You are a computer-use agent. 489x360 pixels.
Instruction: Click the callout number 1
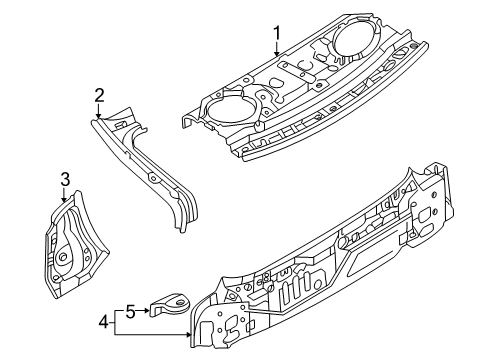[x=277, y=33]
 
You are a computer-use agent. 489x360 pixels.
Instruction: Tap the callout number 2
[x=99, y=95]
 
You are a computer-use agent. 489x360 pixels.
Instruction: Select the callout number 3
[x=65, y=179]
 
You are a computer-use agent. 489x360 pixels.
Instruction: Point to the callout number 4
[x=104, y=322]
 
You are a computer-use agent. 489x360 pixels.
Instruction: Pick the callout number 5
[x=130, y=312]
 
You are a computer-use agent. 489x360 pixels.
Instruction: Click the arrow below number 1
[x=277, y=49]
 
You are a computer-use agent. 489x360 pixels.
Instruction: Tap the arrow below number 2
[x=98, y=110]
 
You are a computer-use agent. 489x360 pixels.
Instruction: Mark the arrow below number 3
[x=64, y=195]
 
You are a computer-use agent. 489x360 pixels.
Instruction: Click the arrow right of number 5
[x=143, y=311]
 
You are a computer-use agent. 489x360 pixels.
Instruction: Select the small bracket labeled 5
[x=169, y=304]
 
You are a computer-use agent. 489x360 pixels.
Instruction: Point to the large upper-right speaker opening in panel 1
[x=354, y=39]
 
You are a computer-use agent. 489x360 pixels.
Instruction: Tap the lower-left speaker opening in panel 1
[x=229, y=109]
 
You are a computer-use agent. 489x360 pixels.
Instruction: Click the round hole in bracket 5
[x=180, y=303]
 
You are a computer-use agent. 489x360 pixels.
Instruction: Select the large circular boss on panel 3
[x=63, y=257]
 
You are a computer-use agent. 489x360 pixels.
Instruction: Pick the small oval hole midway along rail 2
[x=153, y=178]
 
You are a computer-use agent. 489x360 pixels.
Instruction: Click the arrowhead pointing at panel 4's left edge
[x=190, y=334]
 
